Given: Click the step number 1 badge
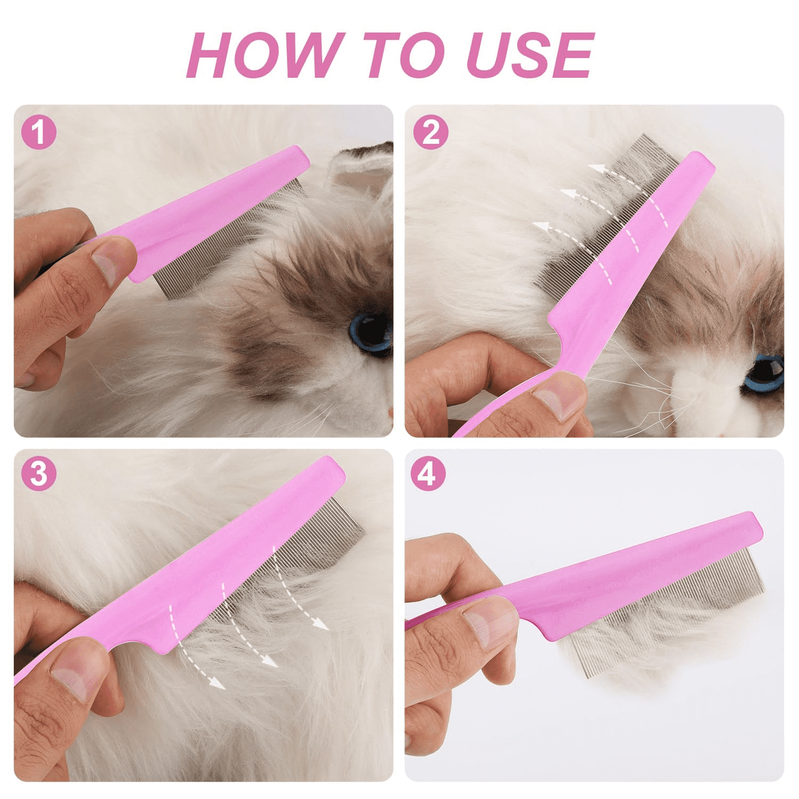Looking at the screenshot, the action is click(39, 133).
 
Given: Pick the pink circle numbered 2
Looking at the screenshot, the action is click(431, 133).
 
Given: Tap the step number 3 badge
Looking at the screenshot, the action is click(39, 473).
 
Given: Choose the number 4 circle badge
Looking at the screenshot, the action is click(429, 473).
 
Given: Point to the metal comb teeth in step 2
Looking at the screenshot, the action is click(609, 216).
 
